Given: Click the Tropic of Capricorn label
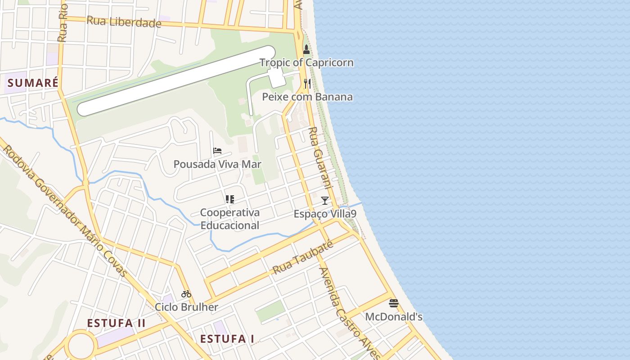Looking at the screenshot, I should coord(306,63).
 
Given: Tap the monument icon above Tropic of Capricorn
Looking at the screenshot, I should coord(306,49).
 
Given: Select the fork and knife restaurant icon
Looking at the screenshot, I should coord(307,84).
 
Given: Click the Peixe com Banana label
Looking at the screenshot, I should coord(307,97).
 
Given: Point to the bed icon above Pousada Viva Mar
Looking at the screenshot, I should coord(217,151).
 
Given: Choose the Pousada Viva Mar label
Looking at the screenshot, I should coord(217,164).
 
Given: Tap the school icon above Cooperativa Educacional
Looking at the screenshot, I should coord(229,199).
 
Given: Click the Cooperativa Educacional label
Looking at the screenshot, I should coord(229,219).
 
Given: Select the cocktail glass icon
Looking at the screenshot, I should coord(325,201).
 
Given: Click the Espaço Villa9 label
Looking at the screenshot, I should coord(325,214).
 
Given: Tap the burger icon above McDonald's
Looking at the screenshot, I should coord(394,303).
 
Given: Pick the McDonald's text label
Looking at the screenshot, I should coord(394,317).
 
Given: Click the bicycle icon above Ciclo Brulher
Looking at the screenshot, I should coord(186,294).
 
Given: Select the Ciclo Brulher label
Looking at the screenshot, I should coord(186,307).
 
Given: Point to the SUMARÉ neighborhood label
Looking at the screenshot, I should coord(33,83).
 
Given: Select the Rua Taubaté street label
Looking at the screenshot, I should coord(303,258).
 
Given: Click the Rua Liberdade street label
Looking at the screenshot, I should coord(124,22).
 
